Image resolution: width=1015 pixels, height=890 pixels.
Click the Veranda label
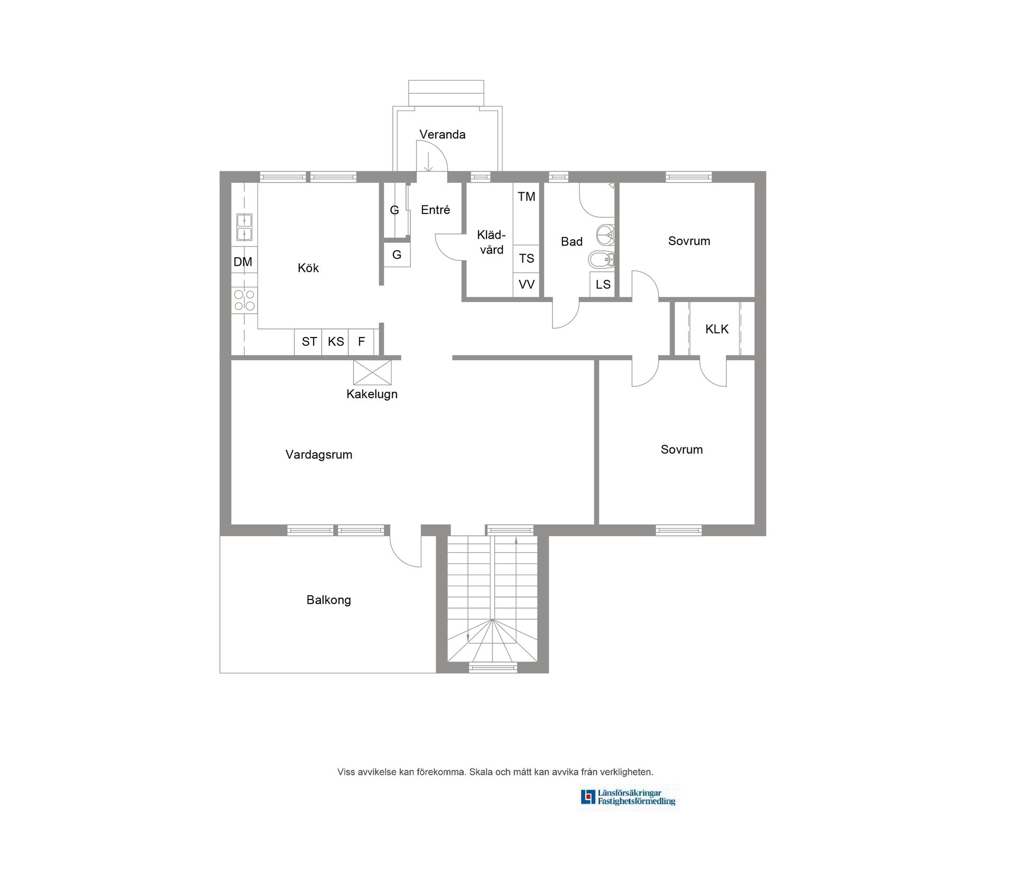click(x=442, y=135)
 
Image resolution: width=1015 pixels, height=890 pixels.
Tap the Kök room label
click(x=308, y=268)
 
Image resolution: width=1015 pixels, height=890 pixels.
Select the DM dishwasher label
click(x=243, y=262)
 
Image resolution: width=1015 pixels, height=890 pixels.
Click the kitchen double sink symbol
click(x=244, y=227)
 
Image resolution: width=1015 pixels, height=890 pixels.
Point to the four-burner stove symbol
click(x=244, y=300)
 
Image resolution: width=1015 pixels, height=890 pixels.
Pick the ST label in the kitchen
click(x=309, y=342)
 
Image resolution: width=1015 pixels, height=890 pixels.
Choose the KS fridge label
click(x=336, y=342)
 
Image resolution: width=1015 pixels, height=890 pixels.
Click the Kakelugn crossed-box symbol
click(x=372, y=372)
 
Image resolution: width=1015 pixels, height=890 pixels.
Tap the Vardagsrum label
click(x=319, y=455)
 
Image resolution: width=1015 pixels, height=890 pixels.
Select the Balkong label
click(x=328, y=600)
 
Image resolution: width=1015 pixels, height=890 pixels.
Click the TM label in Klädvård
click(x=527, y=197)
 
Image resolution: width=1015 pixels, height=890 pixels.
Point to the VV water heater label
click(x=527, y=285)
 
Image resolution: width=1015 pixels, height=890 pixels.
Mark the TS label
click(x=527, y=259)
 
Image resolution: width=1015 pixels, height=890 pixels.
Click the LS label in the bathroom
click(x=603, y=285)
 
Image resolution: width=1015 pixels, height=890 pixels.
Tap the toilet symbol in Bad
click(x=601, y=260)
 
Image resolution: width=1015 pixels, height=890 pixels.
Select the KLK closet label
click(x=717, y=330)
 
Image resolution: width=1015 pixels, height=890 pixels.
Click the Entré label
click(x=436, y=210)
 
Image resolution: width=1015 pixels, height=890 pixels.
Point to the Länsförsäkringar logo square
click(x=588, y=797)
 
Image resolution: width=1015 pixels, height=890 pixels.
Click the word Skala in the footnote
click(x=481, y=772)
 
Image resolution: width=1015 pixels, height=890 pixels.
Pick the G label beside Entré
click(x=394, y=210)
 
